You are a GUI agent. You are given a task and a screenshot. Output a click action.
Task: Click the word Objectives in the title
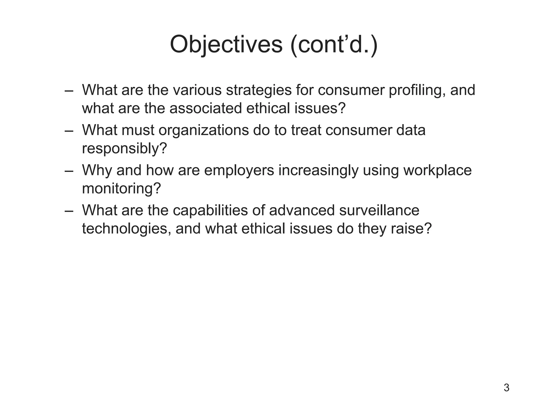tap(226, 44)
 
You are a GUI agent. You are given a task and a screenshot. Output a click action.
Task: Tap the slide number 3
tap(506, 388)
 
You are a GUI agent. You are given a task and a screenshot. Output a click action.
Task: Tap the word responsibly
tap(124, 149)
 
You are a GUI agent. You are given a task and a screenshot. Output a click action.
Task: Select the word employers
tap(239, 170)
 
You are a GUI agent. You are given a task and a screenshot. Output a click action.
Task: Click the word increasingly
tap(318, 170)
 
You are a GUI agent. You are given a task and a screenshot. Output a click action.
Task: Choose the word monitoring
tap(122, 189)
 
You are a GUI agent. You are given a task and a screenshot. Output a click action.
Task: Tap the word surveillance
tap(379, 210)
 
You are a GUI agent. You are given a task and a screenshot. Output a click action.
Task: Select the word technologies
tap(127, 229)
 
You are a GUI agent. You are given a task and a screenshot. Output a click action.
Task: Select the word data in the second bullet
tap(411, 130)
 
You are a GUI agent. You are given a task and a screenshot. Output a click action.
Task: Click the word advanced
tap(302, 210)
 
